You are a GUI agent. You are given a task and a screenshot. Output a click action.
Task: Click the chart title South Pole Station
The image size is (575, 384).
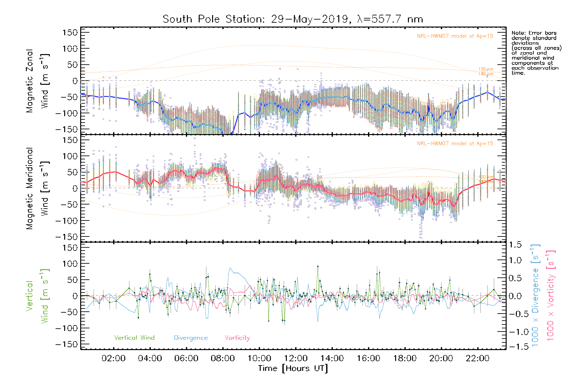coord(293,19)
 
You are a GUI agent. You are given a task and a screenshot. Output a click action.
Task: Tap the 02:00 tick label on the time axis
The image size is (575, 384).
coord(113,358)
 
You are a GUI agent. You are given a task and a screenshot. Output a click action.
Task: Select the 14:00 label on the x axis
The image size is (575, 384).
coord(332,358)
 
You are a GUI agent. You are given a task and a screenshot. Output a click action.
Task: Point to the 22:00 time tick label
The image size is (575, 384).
coord(478,358)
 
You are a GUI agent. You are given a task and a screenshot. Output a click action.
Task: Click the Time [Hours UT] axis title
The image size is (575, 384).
coord(293,368)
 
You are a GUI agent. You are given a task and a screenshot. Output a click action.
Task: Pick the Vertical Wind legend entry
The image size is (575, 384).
coord(134,338)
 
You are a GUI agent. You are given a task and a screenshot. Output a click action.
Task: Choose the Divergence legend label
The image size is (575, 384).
coord(191,338)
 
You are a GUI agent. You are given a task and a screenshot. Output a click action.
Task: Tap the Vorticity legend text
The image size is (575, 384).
coord(237,338)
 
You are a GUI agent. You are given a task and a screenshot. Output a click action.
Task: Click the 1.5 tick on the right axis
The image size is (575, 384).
coord(515,245)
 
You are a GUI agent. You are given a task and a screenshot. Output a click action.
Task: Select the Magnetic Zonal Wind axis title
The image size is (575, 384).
coord(37,81)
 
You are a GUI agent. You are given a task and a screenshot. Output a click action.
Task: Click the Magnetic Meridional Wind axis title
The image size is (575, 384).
coord(37,188)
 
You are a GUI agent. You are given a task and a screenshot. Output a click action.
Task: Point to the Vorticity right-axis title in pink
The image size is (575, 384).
coord(550,296)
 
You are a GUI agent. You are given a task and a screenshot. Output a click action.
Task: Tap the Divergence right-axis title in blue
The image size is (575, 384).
coord(535,296)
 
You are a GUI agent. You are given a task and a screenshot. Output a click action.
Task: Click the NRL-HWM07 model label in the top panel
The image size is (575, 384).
coord(455,36)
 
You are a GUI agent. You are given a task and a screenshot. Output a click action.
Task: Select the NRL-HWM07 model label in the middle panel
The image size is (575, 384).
coord(455,144)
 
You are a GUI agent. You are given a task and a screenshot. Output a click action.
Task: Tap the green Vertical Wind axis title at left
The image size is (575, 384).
coord(37,296)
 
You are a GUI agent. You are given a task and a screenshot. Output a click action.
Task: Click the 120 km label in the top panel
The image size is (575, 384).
coord(486,69)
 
